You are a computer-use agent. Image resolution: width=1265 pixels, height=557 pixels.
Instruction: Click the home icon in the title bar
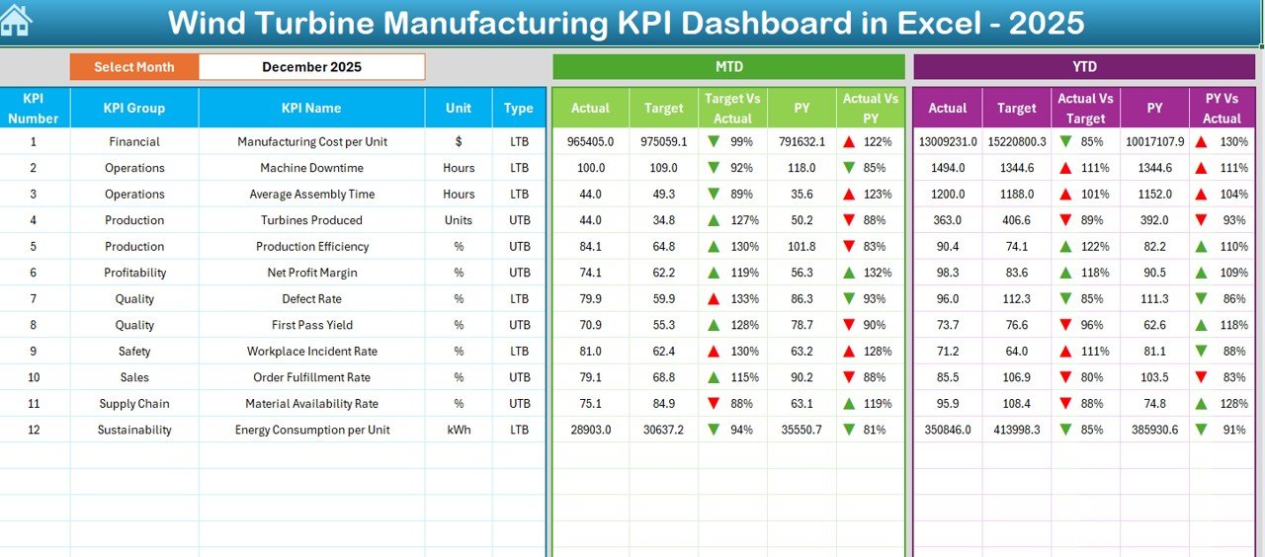pos(16,21)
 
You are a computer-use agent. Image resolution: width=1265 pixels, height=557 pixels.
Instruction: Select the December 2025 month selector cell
pos(311,67)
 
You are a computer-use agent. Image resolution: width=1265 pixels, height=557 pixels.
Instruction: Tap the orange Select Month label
pos(134,67)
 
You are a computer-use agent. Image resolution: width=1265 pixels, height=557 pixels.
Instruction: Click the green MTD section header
pos(728,67)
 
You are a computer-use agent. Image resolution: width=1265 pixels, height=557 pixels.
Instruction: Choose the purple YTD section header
pos(1084,67)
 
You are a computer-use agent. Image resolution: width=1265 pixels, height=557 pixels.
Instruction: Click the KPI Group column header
pos(134,108)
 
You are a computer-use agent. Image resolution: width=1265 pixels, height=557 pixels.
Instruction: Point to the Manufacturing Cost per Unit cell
pos(311,142)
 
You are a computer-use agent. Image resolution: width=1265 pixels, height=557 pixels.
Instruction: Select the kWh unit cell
pos(459,430)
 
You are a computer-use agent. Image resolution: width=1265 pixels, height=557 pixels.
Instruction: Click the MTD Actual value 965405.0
pos(590,142)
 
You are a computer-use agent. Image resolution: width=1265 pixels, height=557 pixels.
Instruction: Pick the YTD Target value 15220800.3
pos(1016,142)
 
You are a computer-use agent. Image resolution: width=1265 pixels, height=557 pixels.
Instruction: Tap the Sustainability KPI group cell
pos(134,430)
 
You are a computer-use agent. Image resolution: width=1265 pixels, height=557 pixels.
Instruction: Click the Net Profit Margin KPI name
pos(311,273)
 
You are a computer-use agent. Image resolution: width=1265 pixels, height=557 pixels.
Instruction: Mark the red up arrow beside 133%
pos(714,298)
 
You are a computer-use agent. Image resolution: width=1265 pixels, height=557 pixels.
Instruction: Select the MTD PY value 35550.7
pos(801,430)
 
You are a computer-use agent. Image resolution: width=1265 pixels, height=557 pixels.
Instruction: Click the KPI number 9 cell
pos(34,351)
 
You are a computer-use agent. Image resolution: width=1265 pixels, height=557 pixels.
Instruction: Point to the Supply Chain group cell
pos(134,403)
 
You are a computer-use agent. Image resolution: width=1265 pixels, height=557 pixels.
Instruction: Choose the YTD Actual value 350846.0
pos(947,430)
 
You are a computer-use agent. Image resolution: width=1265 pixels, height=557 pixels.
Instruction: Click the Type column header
pos(519,108)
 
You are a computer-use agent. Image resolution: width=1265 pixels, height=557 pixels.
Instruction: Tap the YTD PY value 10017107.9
pos(1154,142)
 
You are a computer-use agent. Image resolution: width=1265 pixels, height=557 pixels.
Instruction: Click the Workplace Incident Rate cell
pos(311,351)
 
